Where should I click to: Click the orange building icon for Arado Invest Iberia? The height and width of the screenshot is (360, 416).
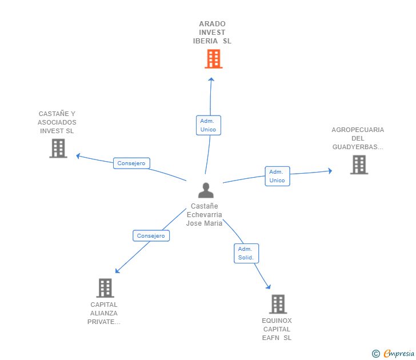click(213, 59)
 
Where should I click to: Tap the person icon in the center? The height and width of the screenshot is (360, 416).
click(206, 190)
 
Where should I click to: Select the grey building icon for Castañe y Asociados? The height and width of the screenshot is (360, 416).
click(58, 148)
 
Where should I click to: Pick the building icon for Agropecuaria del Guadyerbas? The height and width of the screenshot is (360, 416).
click(358, 165)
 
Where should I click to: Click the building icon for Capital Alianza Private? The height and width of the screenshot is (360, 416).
click(105, 287)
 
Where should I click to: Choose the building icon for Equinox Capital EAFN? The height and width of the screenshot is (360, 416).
click(278, 304)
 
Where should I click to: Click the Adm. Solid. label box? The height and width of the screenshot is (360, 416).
click(246, 253)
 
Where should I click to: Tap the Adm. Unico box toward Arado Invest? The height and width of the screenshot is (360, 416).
click(208, 125)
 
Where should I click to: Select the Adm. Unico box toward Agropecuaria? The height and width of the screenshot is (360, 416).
click(277, 176)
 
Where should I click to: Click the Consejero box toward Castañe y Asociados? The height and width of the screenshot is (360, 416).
click(131, 163)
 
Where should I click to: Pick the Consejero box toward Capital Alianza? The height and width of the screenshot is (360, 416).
click(151, 235)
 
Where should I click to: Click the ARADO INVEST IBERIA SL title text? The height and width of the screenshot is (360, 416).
click(213, 33)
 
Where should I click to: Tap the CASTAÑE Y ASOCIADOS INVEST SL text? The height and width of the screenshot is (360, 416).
click(57, 122)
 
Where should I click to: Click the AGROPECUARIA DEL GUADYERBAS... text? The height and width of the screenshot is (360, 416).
click(358, 138)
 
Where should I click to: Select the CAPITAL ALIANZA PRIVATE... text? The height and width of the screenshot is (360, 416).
click(104, 313)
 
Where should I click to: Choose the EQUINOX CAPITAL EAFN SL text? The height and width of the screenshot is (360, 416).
click(277, 329)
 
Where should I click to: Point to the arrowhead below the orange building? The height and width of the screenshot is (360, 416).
click(211, 80)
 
